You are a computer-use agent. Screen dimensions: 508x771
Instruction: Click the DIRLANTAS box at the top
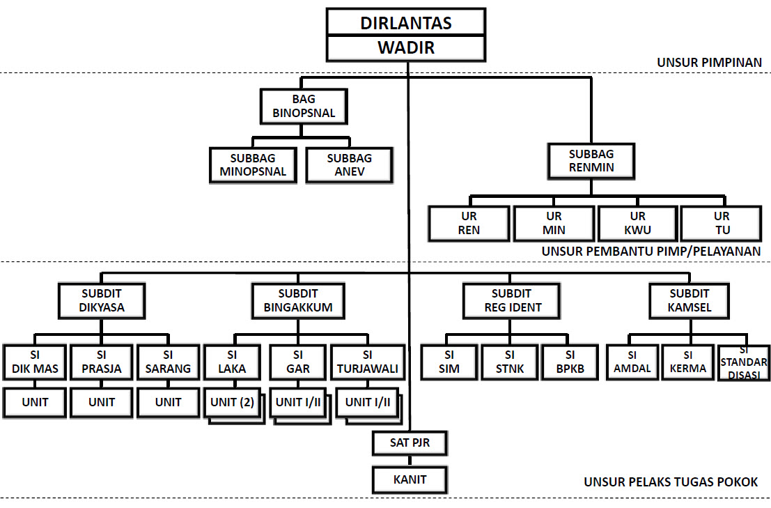tap(406, 22)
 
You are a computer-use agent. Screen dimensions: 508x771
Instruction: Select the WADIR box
tap(406, 47)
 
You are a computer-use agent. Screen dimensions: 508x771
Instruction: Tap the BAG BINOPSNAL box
tap(304, 106)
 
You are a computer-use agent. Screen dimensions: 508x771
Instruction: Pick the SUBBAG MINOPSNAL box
tap(253, 165)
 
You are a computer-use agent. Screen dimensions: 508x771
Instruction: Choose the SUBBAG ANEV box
tap(349, 165)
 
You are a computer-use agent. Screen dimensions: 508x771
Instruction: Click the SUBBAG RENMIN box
tap(591, 161)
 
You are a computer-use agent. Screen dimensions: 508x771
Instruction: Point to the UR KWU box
tap(637, 224)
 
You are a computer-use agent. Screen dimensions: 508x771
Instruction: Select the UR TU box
tap(722, 224)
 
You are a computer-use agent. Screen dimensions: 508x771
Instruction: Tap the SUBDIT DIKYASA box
tap(102, 300)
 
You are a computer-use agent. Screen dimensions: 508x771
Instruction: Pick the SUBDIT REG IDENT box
tap(511, 300)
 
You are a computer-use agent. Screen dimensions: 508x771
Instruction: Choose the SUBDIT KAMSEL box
tap(690, 300)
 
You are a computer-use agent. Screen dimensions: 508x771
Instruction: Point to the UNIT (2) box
tap(232, 403)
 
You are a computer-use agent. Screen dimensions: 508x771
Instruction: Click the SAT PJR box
tap(409, 442)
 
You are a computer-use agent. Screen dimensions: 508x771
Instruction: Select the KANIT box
tap(409, 479)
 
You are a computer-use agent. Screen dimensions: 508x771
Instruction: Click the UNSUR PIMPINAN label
tap(709, 63)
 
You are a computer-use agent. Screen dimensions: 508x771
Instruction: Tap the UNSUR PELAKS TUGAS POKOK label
tap(671, 482)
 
